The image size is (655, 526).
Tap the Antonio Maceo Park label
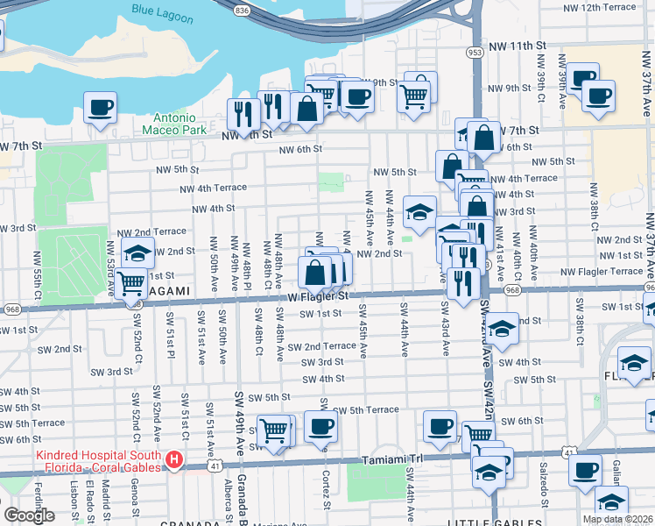181,124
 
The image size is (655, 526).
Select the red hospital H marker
175,459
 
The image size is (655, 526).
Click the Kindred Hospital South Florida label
98,460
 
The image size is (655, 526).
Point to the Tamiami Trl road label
391,460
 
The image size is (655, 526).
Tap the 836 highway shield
241,8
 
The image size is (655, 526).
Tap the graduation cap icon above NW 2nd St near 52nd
137,252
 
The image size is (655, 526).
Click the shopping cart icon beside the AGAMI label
130,282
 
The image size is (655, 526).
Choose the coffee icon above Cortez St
321,427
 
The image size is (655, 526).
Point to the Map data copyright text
617,519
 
